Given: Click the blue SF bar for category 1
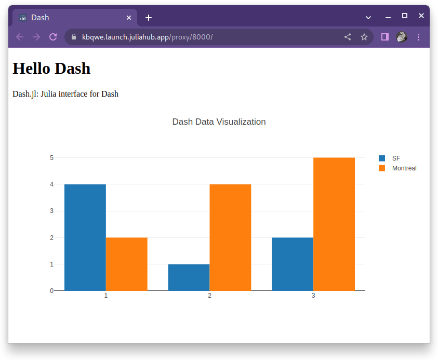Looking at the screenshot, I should (x=85, y=237).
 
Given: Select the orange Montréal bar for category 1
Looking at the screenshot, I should (x=126, y=264).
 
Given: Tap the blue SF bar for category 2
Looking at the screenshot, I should (x=189, y=277).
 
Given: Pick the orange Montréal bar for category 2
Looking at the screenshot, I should (x=230, y=237).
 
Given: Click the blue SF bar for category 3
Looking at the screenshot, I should (x=293, y=264).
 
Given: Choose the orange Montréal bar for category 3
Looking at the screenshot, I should (x=334, y=224).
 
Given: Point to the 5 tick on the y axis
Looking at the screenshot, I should (x=51, y=157).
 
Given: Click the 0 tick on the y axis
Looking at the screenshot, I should (x=51, y=290).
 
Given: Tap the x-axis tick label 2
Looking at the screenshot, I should (x=209, y=296).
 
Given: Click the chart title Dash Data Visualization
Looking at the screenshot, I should (x=219, y=122).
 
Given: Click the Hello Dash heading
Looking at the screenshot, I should (x=51, y=68).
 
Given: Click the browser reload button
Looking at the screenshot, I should (x=52, y=37).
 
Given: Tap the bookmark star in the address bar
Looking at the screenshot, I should (x=364, y=37).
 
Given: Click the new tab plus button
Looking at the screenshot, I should (x=149, y=18).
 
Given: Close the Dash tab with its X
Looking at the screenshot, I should (x=129, y=18).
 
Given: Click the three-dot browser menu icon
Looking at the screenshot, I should (x=418, y=37).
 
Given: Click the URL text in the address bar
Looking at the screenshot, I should (x=147, y=37).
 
